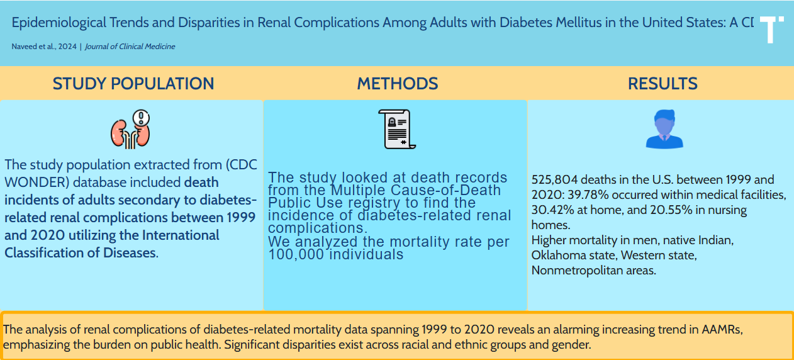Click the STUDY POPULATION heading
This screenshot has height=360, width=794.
click(133, 84)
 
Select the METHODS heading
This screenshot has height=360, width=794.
click(398, 84)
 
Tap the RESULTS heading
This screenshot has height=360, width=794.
click(663, 84)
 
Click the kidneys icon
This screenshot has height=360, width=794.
click(131, 129)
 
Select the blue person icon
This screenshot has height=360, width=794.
click(664, 129)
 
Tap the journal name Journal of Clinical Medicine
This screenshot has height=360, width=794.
click(130, 47)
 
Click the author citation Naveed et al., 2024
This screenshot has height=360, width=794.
click(43, 47)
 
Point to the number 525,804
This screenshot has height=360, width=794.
click(554, 180)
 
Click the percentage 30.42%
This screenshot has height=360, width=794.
click(552, 210)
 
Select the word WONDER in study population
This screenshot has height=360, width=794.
click(29, 183)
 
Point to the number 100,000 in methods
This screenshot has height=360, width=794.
click(294, 255)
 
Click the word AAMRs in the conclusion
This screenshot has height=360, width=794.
click(725, 330)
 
